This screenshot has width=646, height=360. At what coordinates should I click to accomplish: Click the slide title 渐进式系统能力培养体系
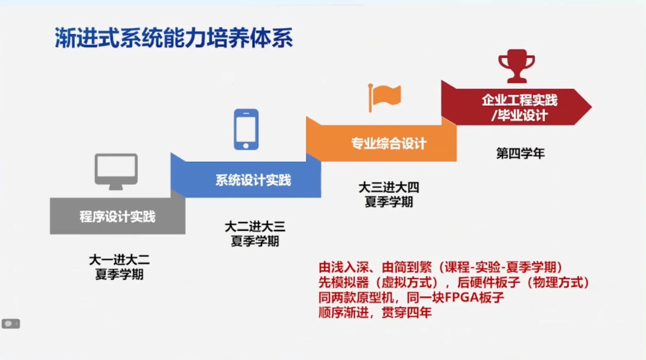tap(174, 38)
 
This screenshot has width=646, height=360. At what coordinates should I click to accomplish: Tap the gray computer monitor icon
tap(116, 172)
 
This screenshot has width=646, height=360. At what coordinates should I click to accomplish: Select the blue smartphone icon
tap(246, 129)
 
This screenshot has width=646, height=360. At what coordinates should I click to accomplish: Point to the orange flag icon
tap(385, 98)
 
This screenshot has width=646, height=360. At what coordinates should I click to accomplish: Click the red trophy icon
tap(517, 66)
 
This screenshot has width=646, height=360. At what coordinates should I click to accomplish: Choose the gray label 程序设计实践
tap(117, 217)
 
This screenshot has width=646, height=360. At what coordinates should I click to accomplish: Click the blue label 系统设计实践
tap(253, 180)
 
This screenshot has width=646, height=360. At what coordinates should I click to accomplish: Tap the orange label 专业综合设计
tap(389, 143)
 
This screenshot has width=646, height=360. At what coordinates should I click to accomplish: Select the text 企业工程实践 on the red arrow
tap(520, 100)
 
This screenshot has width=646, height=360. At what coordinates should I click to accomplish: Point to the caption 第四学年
tap(521, 153)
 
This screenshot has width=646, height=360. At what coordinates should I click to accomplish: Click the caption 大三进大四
tap(389, 187)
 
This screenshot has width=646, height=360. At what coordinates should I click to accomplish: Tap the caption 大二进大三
tap(255, 227)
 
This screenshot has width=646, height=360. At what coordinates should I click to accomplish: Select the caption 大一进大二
tap(119, 260)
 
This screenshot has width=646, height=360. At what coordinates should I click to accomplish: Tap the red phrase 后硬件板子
tap(488, 282)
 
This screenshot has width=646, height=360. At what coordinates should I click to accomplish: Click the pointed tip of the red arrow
tap(592, 107)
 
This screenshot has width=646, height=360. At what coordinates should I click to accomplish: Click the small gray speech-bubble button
tap(11, 324)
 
